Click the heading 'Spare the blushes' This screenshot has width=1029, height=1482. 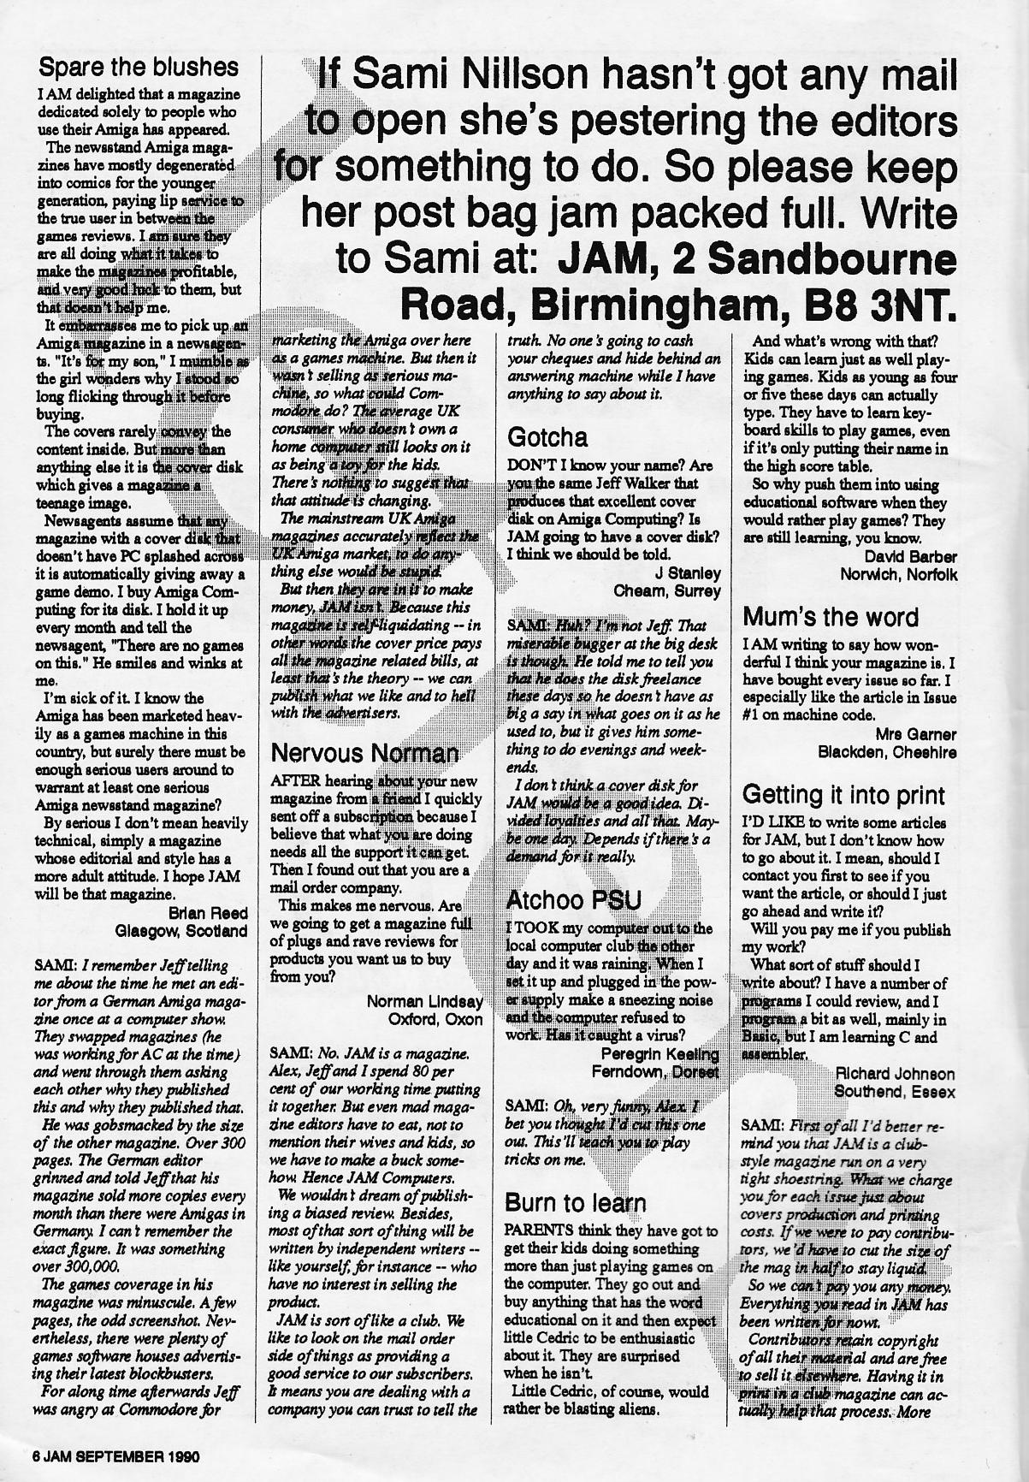pyautogui.click(x=139, y=67)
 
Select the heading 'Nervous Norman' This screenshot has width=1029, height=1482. pyautogui.click(x=364, y=754)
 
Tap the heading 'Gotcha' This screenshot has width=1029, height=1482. pyautogui.click(x=547, y=438)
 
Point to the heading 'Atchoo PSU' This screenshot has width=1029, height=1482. pyautogui.click(x=573, y=900)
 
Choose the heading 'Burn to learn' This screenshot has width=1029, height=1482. pyautogui.click(x=575, y=1202)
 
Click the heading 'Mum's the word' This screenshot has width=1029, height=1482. pyautogui.click(x=830, y=617)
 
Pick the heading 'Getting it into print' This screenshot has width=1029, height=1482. pyautogui.click(x=843, y=795)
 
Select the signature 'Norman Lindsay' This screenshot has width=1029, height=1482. pyautogui.click(x=424, y=1001)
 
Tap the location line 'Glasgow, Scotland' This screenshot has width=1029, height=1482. pyautogui.click(x=181, y=930)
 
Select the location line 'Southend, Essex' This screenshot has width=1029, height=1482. pyautogui.click(x=895, y=1092)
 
